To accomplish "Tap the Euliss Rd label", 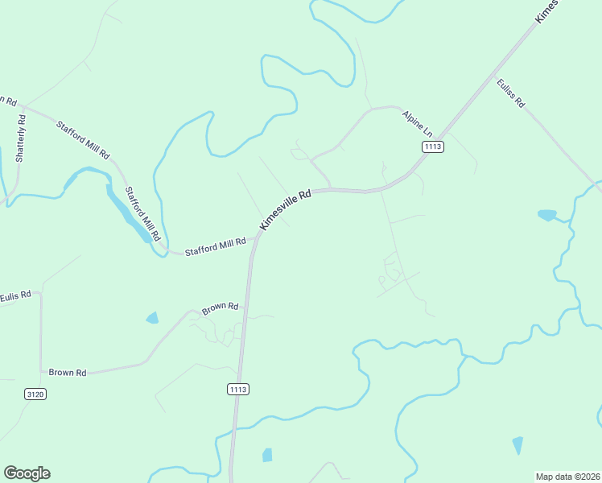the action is tap(510, 93).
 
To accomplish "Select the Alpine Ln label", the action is tap(418, 123).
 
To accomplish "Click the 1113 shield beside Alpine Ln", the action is tap(433, 146).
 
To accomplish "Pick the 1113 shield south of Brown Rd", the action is tap(237, 389).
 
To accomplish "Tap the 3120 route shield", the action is tap(35, 394).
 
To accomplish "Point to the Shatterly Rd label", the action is tap(21, 139).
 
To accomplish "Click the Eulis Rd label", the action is tap(15, 295).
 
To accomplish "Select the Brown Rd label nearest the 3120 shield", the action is tap(68, 373).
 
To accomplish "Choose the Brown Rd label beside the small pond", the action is tap(221, 308).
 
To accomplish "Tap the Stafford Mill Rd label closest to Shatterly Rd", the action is tap(82, 138).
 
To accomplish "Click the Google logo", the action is tap(27, 473).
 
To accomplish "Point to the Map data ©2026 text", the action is tap(568, 476).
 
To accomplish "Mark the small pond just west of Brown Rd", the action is tap(152, 318).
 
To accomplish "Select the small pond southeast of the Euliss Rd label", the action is tap(547, 215).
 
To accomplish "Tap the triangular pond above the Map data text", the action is tap(517, 445).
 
